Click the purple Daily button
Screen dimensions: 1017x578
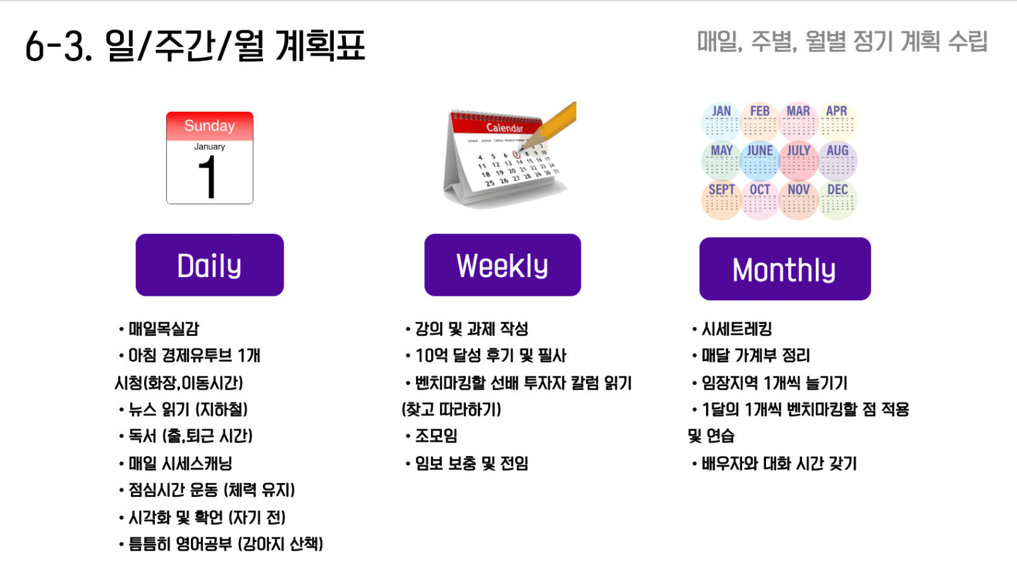point(210,265)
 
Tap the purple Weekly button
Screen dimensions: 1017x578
point(502,265)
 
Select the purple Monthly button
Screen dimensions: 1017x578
point(785,269)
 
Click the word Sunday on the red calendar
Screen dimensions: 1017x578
point(210,125)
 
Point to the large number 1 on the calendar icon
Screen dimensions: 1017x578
point(208,177)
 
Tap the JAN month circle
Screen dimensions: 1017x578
point(721,121)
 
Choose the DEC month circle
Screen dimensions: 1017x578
point(837,200)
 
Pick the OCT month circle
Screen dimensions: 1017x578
point(760,200)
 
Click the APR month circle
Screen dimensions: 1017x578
point(837,121)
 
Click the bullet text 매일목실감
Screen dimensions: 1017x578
point(164,329)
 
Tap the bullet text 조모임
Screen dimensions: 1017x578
point(436,436)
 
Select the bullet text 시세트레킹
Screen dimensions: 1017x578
point(737,329)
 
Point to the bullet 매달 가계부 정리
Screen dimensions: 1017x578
point(756,356)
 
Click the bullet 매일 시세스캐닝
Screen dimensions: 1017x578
point(180,464)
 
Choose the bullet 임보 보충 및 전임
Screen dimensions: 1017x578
point(472,464)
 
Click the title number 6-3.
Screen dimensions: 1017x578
point(59,46)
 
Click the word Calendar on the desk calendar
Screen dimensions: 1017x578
point(504,128)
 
